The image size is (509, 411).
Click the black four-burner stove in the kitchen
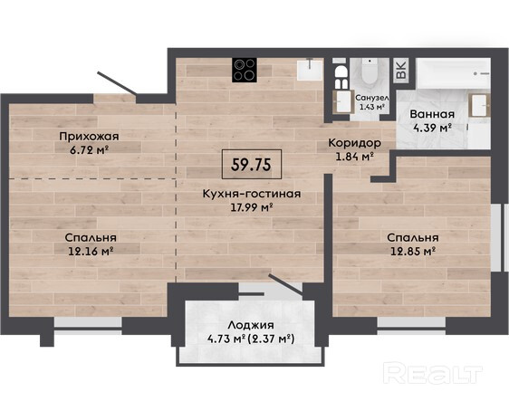click(x=245, y=70)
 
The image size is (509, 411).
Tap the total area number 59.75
click(x=251, y=165)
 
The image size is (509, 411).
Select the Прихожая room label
click(x=89, y=137)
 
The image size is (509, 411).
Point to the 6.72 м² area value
click(x=89, y=150)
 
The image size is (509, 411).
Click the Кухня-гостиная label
click(x=252, y=194)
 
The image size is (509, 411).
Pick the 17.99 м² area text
click(x=251, y=207)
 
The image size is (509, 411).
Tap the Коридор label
click(x=354, y=143)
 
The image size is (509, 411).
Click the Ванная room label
click(x=432, y=114)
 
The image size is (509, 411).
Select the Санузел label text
click(x=372, y=97)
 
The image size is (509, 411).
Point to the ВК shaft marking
click(x=401, y=70)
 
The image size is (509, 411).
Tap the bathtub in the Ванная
click(x=453, y=73)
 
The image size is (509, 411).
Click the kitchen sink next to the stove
click(x=310, y=70)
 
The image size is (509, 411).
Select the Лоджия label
click(x=251, y=325)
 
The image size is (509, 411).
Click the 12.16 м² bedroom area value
click(x=91, y=251)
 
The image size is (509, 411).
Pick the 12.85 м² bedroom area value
click(x=413, y=251)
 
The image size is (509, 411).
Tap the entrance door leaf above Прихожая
click(x=117, y=83)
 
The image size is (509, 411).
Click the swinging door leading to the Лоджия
click(x=285, y=284)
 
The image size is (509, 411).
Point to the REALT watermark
click(x=432, y=374)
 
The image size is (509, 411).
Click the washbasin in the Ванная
click(x=479, y=105)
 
